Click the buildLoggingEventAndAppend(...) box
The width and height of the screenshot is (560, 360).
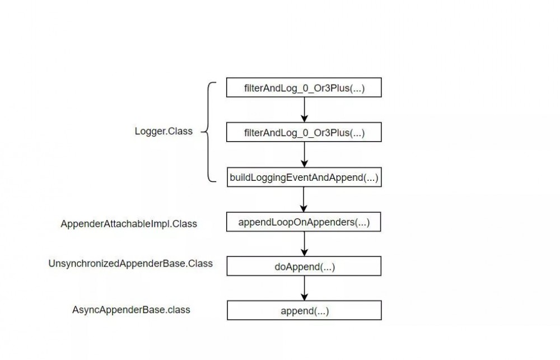[x=304, y=178]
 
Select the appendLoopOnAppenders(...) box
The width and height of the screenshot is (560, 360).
[x=304, y=222]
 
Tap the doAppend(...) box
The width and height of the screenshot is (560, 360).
[x=304, y=267]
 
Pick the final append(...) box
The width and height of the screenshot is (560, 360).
[x=304, y=311]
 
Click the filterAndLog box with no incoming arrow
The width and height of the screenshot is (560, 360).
[x=304, y=88]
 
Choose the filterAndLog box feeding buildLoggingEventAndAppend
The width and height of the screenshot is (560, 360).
[x=304, y=133]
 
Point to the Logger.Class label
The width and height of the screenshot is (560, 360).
[x=164, y=132]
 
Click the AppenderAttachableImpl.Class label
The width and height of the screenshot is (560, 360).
[x=129, y=224]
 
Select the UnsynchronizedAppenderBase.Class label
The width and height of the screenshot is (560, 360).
[x=130, y=263]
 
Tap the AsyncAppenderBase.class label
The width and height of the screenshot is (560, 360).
[x=131, y=310]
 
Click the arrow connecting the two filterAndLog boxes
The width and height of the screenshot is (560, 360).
[x=304, y=110]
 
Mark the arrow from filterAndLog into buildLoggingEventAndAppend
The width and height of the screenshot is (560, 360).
[x=304, y=154]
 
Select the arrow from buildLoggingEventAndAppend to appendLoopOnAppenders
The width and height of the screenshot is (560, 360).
[x=304, y=199]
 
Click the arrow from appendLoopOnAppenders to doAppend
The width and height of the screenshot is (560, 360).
[x=304, y=244]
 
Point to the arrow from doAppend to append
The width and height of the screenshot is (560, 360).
[x=304, y=288]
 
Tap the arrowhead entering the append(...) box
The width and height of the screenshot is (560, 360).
[x=304, y=297]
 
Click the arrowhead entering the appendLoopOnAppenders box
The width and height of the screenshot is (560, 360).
[x=304, y=208]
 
